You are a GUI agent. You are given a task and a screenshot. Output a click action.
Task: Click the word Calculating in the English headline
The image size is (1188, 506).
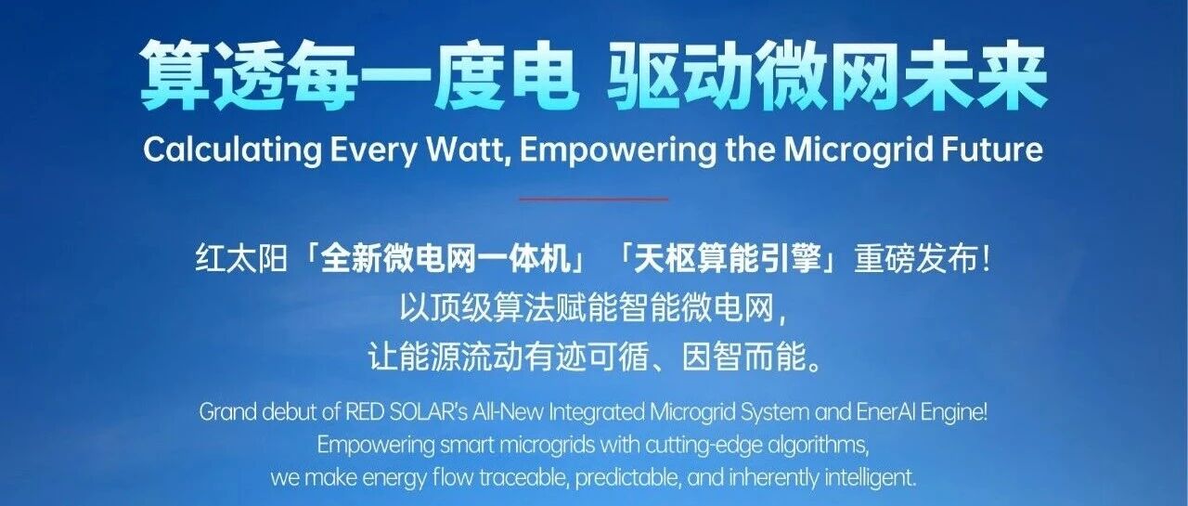232,150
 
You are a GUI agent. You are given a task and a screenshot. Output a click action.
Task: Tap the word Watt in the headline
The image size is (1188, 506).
466,149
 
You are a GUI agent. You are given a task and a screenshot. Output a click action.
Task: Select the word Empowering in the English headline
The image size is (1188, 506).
618,151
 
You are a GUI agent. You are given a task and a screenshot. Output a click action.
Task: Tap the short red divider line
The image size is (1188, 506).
593,200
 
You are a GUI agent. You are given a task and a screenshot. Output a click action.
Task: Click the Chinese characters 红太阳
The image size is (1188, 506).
241,259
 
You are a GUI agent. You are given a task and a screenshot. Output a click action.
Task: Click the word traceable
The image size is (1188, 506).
524,478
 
